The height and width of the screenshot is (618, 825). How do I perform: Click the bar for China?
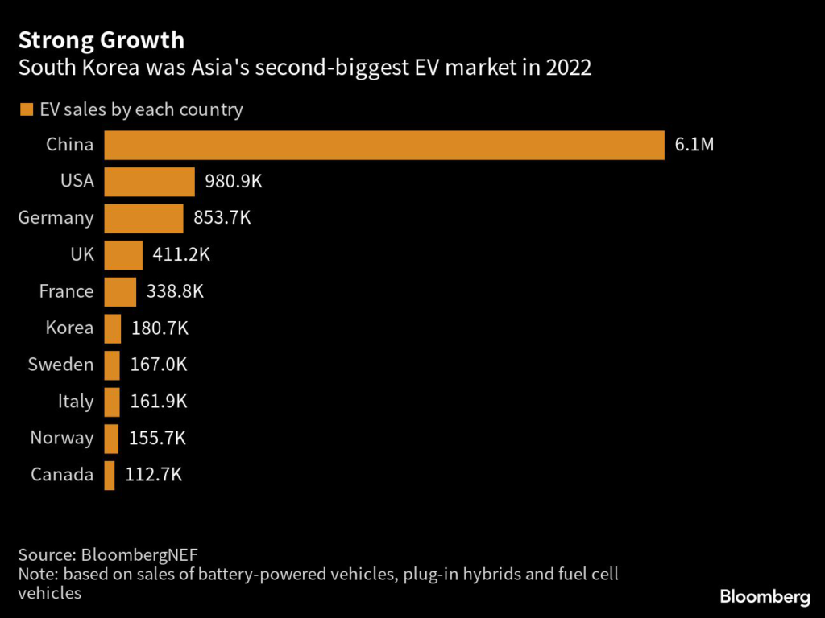pyautogui.click(x=384, y=145)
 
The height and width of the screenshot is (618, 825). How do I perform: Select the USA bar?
pyautogui.click(x=150, y=182)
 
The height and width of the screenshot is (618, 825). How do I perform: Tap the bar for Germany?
pyautogui.click(x=144, y=218)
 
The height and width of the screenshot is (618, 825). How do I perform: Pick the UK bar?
pyautogui.click(x=123, y=255)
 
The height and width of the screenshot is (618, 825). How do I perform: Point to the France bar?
pyautogui.click(x=120, y=291)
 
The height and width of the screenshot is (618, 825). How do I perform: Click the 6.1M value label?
pyautogui.click(x=694, y=146)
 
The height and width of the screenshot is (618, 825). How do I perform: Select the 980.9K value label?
pyautogui.click(x=234, y=182)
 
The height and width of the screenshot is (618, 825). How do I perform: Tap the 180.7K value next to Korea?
pyautogui.click(x=160, y=328)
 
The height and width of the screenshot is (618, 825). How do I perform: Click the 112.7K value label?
pyautogui.click(x=154, y=475)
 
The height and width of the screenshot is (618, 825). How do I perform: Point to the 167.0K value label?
pyautogui.click(x=159, y=365)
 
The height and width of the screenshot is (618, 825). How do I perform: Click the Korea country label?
pyautogui.click(x=71, y=328)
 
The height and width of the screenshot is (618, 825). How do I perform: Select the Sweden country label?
pyautogui.click(x=60, y=365)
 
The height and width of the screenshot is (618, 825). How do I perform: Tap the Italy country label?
pyautogui.click(x=76, y=402)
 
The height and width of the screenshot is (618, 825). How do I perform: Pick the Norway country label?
pyautogui.click(x=62, y=438)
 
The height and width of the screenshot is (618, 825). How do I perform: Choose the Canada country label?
pyautogui.click(x=62, y=475)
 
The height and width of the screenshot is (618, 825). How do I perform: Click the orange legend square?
pyautogui.click(x=26, y=109)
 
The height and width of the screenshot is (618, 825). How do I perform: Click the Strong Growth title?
pyautogui.click(x=101, y=39)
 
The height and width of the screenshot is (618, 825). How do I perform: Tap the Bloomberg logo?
pyautogui.click(x=764, y=596)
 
